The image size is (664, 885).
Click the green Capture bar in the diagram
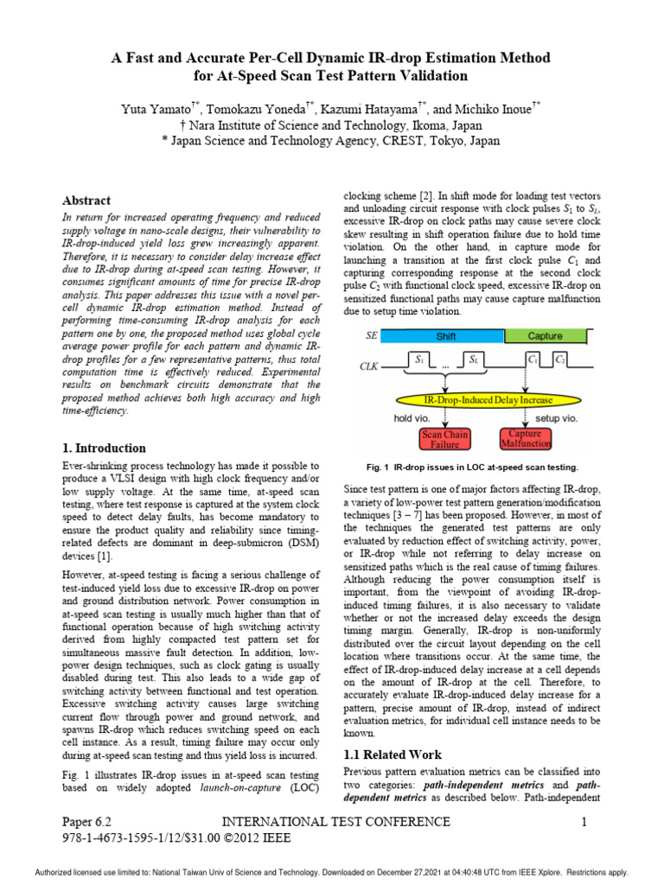pyautogui.click(x=545, y=336)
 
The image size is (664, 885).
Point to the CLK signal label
pyautogui.click(x=371, y=366)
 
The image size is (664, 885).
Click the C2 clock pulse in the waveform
pyautogui.click(x=561, y=358)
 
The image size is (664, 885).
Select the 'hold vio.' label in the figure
pyautogui.click(x=412, y=417)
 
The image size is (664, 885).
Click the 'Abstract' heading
pyautogui.click(x=87, y=201)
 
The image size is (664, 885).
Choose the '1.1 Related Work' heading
pyautogui.click(x=393, y=754)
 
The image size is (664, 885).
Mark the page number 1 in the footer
pyautogui.click(x=584, y=822)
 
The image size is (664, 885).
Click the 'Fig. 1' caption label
pyautogui.click(x=380, y=467)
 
